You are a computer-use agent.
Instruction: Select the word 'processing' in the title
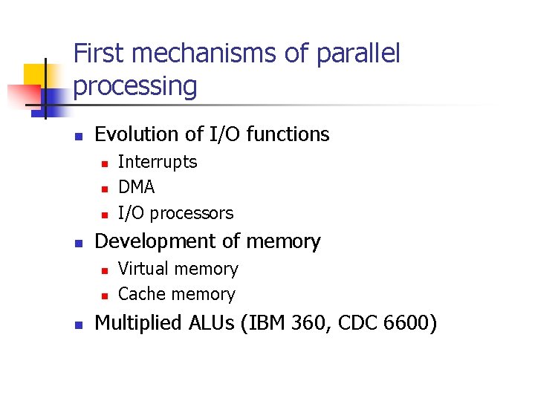[135, 87]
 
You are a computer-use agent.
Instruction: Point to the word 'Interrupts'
[158, 162]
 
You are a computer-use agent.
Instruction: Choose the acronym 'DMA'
[137, 187]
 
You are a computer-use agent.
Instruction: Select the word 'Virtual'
[143, 269]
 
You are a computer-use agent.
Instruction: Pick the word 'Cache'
[141, 294]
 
